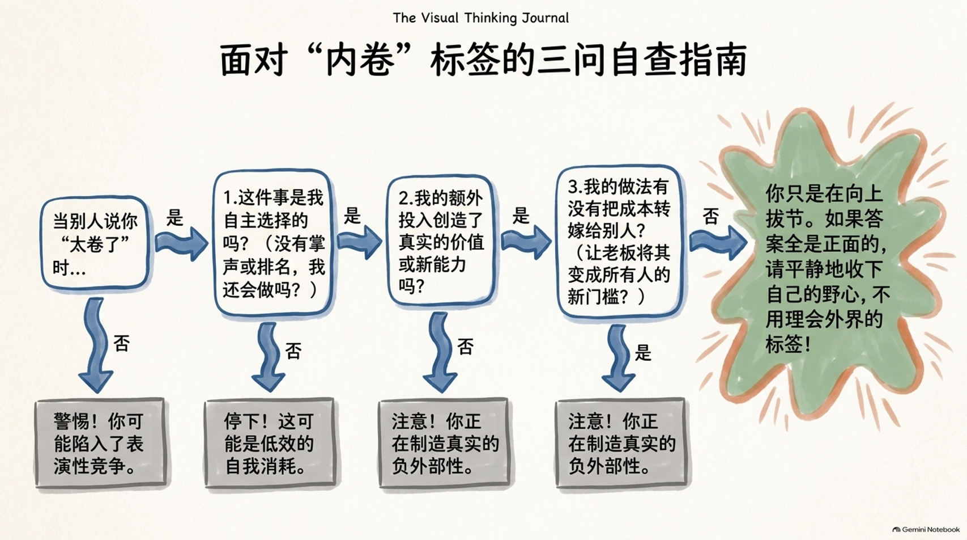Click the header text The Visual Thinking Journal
(x=480, y=18)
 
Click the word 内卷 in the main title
(x=360, y=60)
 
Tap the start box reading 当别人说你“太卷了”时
(x=95, y=243)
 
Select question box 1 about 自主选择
(x=273, y=243)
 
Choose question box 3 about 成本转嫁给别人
(x=620, y=241)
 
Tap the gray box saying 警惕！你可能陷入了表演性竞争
(x=100, y=443)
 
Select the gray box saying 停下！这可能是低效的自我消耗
(x=270, y=443)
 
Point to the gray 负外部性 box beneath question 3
(x=621, y=443)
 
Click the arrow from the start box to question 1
(x=181, y=244)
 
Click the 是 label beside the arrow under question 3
(x=643, y=353)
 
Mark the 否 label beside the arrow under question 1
(x=293, y=351)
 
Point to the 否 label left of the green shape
(x=710, y=216)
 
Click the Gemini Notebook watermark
(x=926, y=529)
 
